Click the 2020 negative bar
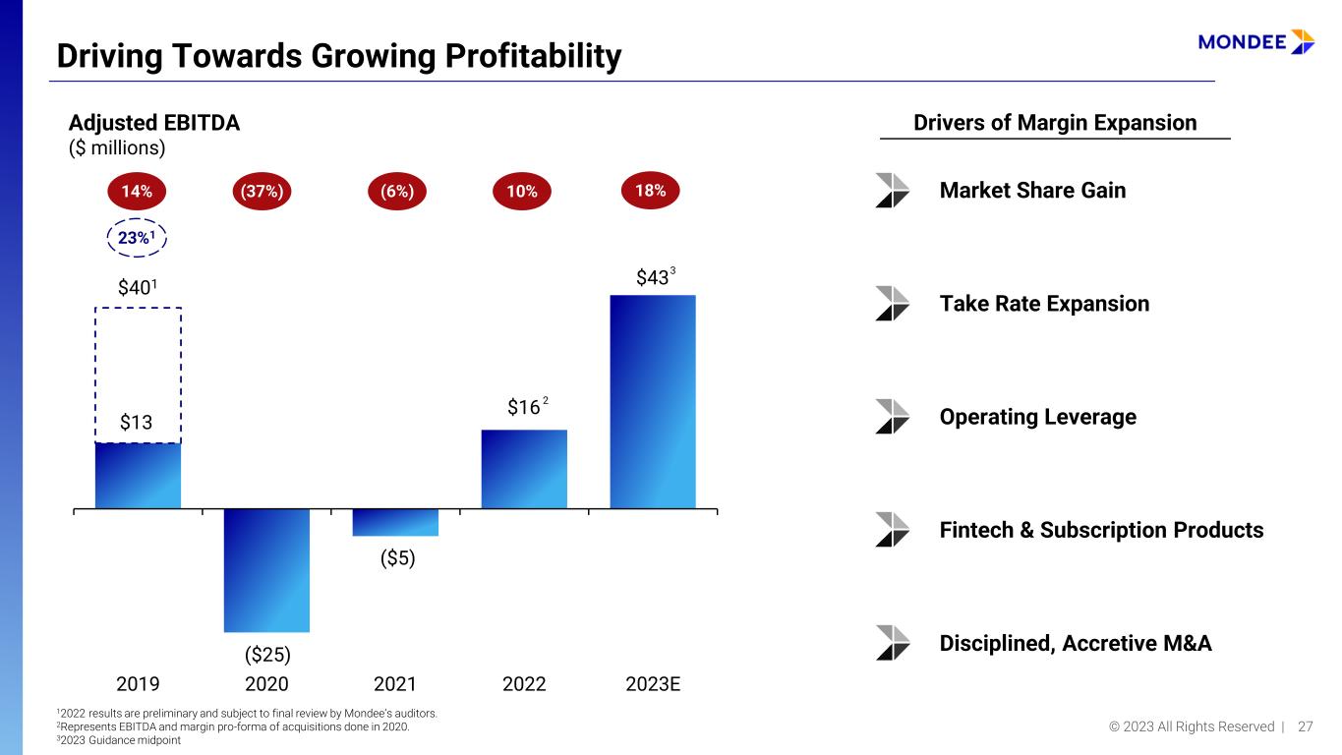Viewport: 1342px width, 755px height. pos(266,570)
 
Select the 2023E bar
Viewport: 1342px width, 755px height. pos(653,401)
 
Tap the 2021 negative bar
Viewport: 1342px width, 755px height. pos(395,523)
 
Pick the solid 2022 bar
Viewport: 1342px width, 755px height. pos(524,469)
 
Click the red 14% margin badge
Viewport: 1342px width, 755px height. pos(137,191)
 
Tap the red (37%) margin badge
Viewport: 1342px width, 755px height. pos(262,191)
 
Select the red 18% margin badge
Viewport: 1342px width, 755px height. pos(651,191)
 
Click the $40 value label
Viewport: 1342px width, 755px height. pos(138,288)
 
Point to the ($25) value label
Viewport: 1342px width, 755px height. pos(267,655)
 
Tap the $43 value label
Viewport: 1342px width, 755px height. pos(656,277)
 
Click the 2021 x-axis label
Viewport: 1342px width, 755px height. pos(395,683)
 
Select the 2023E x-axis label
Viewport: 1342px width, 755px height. pos(653,683)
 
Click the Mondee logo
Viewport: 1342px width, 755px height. pos(1256,42)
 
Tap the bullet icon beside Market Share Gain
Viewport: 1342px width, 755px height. pos(892,191)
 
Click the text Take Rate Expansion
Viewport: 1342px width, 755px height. pos(1044,304)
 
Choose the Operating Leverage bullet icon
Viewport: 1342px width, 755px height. pos(892,417)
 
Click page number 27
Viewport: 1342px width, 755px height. pos(1305,726)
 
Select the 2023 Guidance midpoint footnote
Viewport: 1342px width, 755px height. pos(119,740)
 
